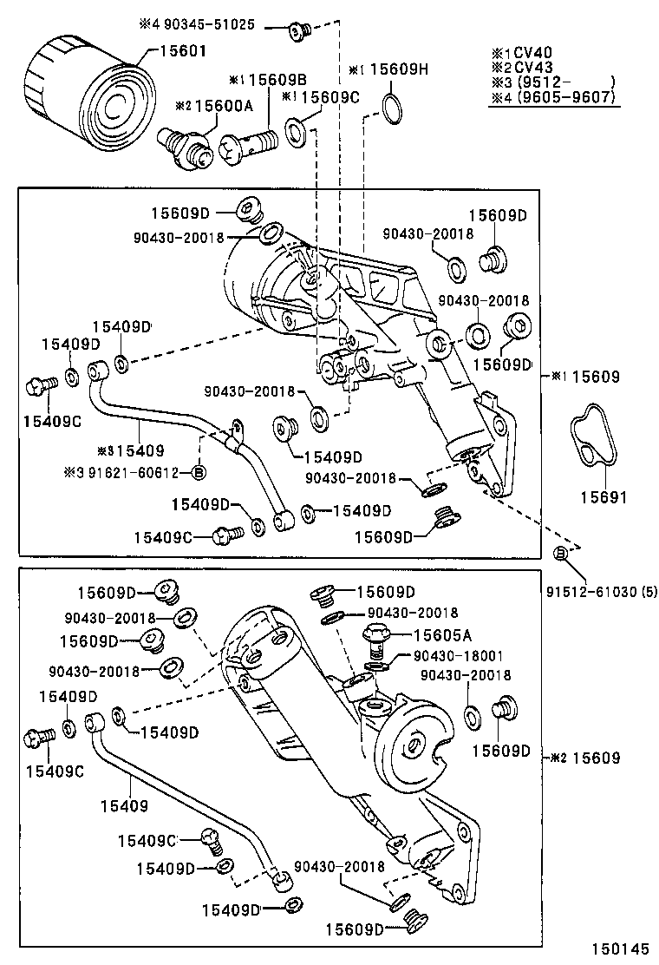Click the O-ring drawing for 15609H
(x=392, y=109)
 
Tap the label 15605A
(x=442, y=635)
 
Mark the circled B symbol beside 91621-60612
(x=199, y=472)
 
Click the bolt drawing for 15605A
(x=378, y=640)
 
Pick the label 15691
(x=598, y=498)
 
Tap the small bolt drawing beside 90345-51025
(x=299, y=31)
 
